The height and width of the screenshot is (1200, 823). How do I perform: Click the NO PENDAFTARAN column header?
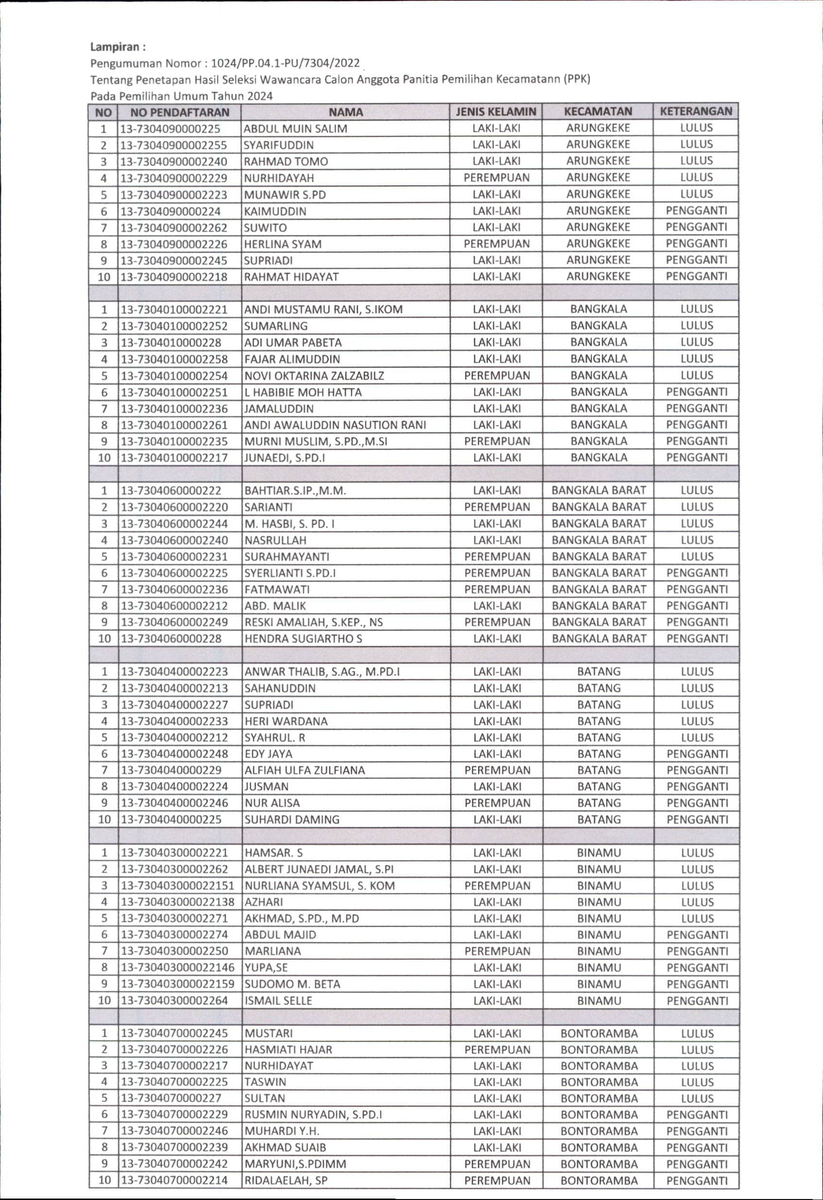(179, 112)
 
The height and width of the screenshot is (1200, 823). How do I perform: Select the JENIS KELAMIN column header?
(496, 112)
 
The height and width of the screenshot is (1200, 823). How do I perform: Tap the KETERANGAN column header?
(696, 111)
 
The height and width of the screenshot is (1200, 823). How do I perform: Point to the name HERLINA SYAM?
(282, 243)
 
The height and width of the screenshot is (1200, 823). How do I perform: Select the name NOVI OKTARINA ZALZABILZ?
(314, 375)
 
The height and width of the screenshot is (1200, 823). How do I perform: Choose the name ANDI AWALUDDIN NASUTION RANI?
(335, 425)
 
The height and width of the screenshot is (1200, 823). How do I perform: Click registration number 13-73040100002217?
(174, 457)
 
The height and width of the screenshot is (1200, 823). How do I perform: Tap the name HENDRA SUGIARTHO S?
(303, 639)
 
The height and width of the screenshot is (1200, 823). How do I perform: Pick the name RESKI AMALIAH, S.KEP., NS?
(313, 622)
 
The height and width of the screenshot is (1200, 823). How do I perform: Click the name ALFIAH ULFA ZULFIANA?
(304, 770)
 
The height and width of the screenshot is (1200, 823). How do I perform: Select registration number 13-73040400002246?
(174, 803)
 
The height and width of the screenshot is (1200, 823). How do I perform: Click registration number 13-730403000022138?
(178, 902)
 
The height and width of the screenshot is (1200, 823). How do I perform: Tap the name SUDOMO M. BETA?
(293, 984)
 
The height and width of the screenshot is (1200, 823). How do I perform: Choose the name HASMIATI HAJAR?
(288, 1050)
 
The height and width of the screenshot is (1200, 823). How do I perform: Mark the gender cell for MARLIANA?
(497, 951)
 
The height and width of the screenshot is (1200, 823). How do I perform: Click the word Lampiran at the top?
(118, 47)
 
